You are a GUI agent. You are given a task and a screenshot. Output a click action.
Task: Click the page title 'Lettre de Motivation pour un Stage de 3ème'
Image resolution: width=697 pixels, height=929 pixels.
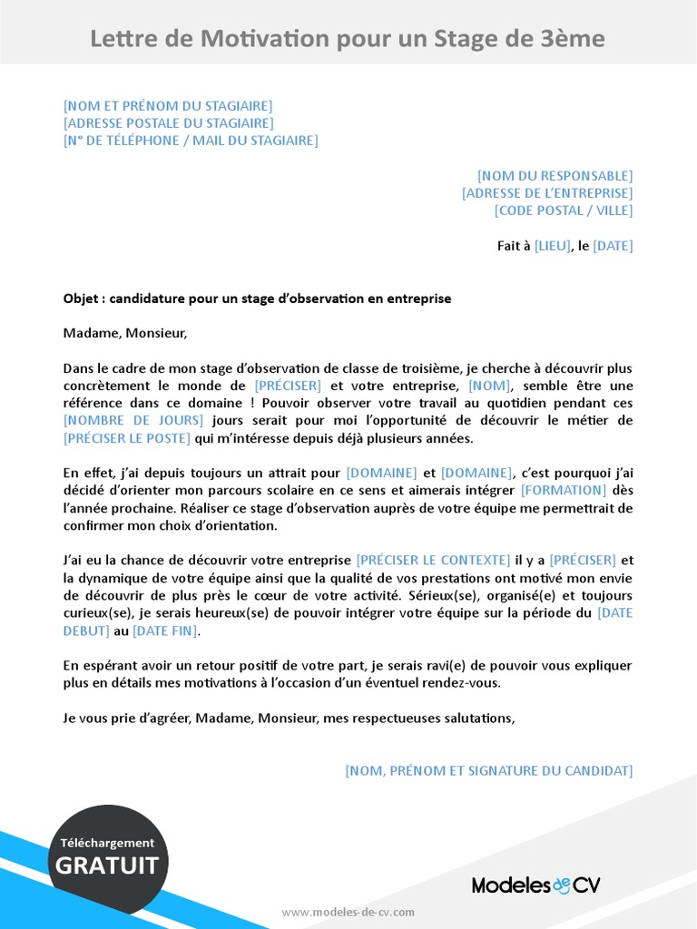tap(348, 39)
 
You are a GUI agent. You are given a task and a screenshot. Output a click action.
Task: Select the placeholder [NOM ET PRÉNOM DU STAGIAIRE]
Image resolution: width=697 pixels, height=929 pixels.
tap(168, 106)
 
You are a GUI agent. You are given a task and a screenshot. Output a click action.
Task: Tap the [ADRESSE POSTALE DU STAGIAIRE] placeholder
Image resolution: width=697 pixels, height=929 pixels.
tap(168, 123)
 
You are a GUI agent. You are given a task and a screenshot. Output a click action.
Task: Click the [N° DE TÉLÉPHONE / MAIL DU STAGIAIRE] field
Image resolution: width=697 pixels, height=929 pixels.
tap(191, 141)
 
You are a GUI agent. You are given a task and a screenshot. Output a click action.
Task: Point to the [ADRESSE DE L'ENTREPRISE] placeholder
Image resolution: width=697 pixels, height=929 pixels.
tap(547, 193)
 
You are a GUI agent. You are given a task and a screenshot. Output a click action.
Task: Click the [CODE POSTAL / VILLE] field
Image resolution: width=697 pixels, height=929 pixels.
tap(563, 210)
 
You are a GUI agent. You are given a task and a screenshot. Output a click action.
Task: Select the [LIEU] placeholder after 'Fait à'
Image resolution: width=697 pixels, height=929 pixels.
tap(554, 246)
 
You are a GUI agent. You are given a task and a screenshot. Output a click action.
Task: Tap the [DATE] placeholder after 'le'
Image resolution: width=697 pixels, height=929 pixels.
tap(613, 246)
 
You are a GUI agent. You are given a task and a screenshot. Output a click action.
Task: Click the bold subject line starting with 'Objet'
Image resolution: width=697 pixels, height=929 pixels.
tap(257, 298)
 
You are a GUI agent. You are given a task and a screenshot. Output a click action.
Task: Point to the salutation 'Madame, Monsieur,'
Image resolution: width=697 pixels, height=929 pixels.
tap(125, 333)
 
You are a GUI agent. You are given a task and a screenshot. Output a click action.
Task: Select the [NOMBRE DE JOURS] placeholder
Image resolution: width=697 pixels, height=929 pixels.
tap(134, 421)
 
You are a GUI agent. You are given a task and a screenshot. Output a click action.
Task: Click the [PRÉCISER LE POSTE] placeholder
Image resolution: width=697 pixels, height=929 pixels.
tap(127, 438)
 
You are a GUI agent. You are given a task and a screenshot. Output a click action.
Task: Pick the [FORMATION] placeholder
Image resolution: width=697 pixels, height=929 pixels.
tap(563, 491)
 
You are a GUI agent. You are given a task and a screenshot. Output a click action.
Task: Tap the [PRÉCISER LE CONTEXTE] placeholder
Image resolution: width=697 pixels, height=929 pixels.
tap(433, 561)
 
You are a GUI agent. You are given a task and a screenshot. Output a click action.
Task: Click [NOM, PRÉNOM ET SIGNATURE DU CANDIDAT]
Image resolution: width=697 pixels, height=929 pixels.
tap(488, 771)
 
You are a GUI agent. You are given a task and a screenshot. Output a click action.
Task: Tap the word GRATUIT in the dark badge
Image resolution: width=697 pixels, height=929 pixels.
tap(107, 865)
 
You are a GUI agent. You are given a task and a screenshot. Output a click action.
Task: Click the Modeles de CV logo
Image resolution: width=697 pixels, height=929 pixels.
tap(535, 885)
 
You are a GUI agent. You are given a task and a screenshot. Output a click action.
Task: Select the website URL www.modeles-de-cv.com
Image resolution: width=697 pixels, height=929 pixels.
tap(348, 912)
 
